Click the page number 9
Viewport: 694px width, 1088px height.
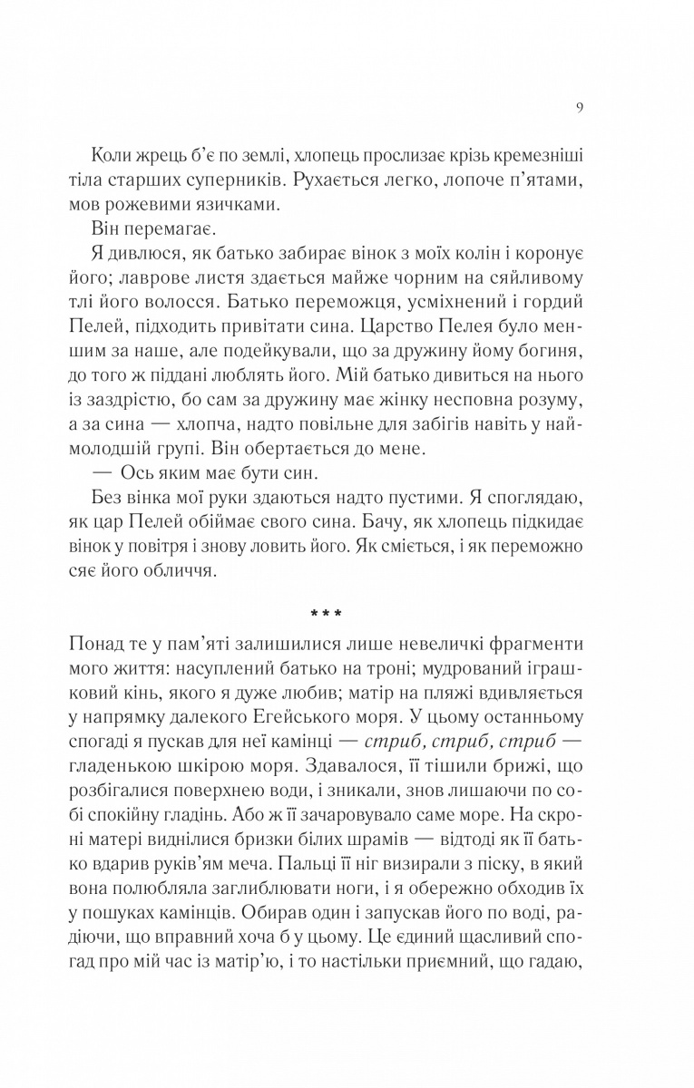coord(578,107)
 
